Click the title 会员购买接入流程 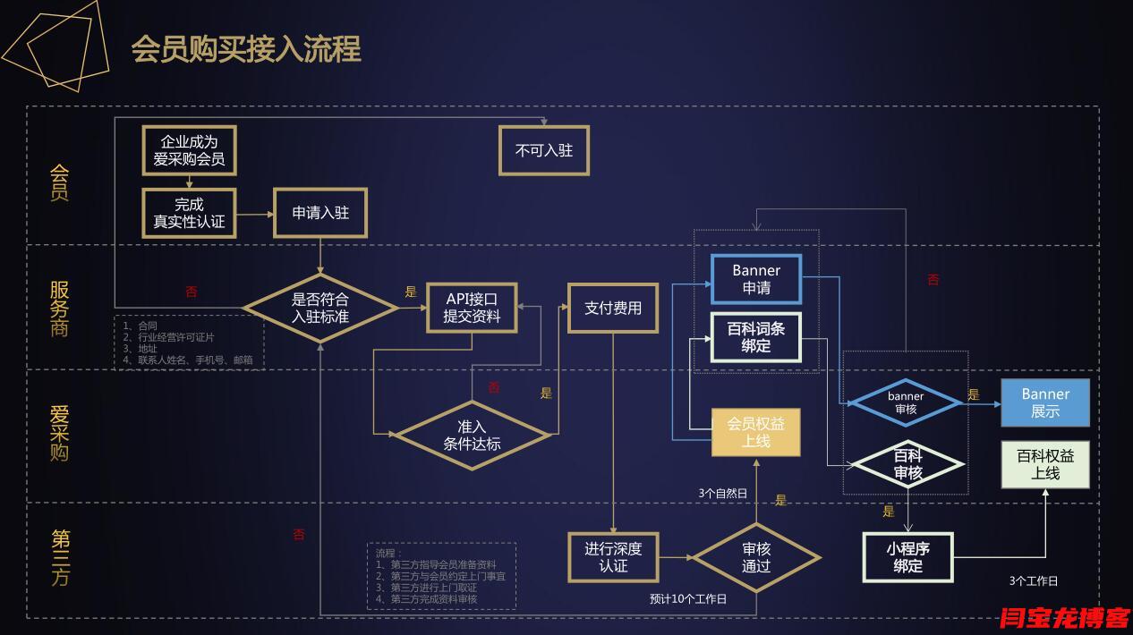point(246,49)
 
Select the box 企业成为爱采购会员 point(188,150)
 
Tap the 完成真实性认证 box point(189,213)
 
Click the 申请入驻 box point(320,213)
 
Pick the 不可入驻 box point(543,149)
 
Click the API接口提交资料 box point(472,307)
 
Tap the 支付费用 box point(613,308)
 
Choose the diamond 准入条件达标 point(472,436)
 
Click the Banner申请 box point(756,279)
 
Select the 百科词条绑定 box point(756,337)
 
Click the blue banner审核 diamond point(906,402)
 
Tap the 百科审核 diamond point(907,464)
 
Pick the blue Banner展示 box point(1045,402)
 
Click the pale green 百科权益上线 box point(1045,464)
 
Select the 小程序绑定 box point(907,556)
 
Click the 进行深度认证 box point(613,556)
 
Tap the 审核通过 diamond point(756,556)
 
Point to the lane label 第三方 point(60,556)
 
